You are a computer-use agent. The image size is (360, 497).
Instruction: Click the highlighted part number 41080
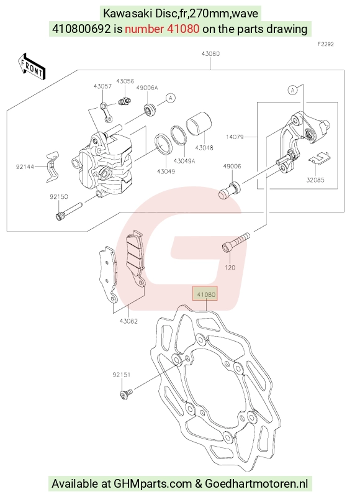(206, 294)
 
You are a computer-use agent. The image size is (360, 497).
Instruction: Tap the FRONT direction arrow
(32, 67)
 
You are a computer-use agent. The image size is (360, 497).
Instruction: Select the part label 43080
(210, 53)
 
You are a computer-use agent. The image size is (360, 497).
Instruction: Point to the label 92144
(25, 166)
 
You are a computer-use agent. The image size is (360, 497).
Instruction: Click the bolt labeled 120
(236, 243)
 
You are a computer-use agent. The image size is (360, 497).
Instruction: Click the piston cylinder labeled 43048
(199, 125)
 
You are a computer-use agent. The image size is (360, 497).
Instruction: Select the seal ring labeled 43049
(163, 144)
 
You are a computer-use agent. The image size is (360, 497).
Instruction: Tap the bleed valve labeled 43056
(125, 101)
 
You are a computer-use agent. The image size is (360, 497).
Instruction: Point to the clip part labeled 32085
(319, 158)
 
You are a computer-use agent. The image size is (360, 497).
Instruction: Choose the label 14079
(235, 137)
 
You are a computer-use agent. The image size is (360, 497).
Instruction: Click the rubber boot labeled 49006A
(150, 109)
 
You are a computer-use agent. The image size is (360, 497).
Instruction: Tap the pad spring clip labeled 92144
(52, 167)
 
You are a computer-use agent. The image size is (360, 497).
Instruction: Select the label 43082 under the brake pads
(128, 321)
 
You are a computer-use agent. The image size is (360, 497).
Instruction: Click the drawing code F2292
(326, 44)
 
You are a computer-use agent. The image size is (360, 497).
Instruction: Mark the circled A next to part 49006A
(171, 98)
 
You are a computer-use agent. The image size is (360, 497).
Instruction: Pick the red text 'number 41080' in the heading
(162, 29)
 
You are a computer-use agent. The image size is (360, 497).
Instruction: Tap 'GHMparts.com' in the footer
(153, 484)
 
